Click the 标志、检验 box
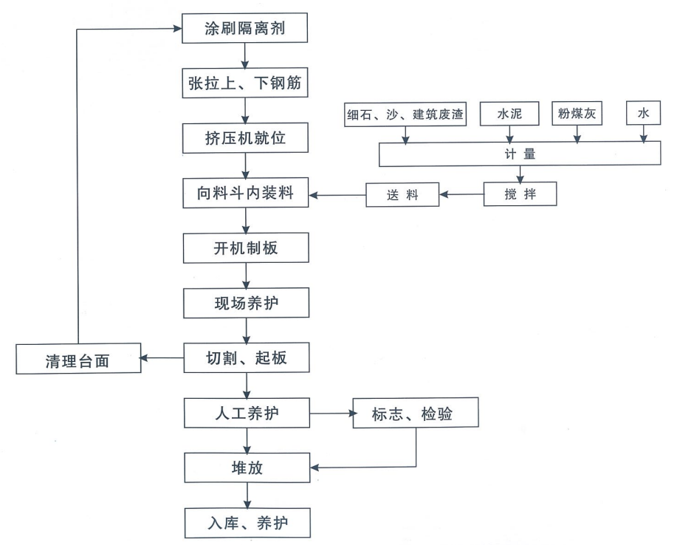[416, 414]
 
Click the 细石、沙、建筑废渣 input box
[406, 114]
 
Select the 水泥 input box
[509, 114]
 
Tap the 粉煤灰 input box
[577, 114]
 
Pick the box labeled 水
[645, 114]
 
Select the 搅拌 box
[520, 194]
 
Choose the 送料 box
[402, 195]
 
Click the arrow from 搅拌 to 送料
[461, 195]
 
